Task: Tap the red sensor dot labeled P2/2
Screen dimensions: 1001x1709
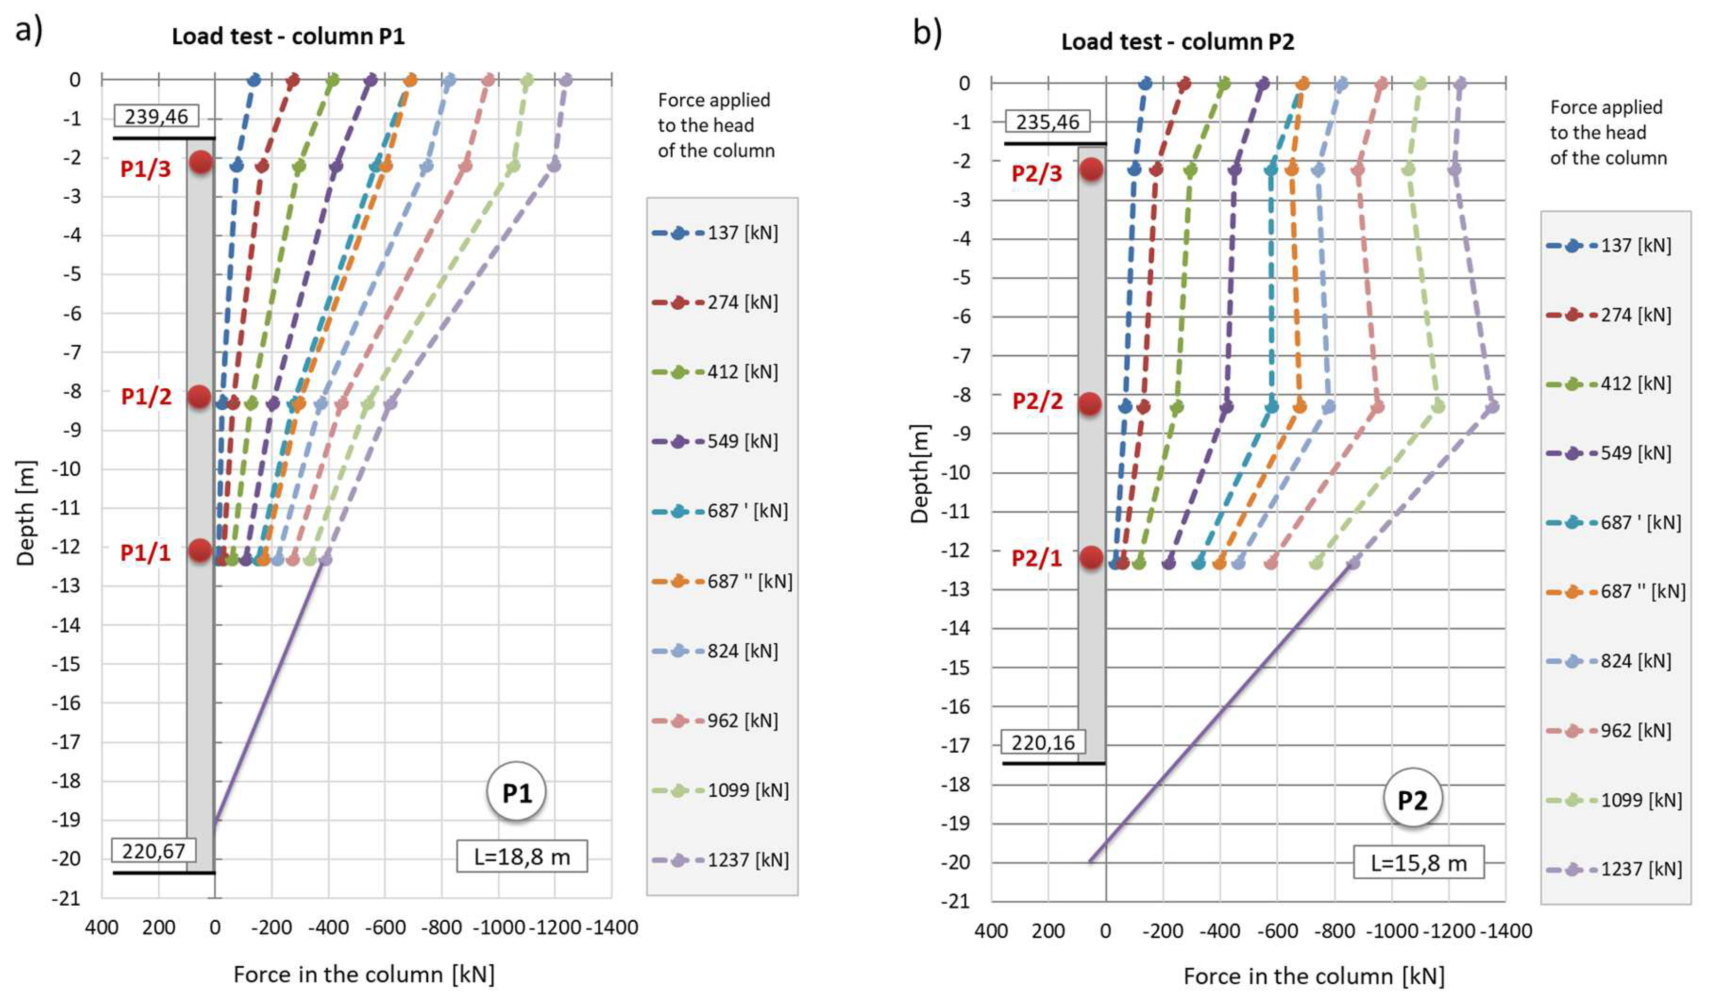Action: coord(1090,404)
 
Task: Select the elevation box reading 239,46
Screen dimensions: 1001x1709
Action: coord(157,116)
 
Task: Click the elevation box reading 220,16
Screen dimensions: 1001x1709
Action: coord(1043,743)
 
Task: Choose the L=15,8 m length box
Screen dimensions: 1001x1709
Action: coord(1418,863)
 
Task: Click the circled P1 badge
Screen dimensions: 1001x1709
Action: coord(516,792)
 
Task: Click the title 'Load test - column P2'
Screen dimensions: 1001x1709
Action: coord(1177,42)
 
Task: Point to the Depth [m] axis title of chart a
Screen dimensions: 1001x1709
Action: coord(26,513)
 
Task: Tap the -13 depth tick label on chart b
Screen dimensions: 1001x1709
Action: coord(956,589)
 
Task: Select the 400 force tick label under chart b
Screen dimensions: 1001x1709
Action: coord(991,931)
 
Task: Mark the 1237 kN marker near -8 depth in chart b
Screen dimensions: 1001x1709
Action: coord(1492,406)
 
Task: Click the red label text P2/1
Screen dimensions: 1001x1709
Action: coord(1036,558)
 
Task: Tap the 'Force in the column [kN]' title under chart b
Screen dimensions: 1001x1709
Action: coord(1313,976)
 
